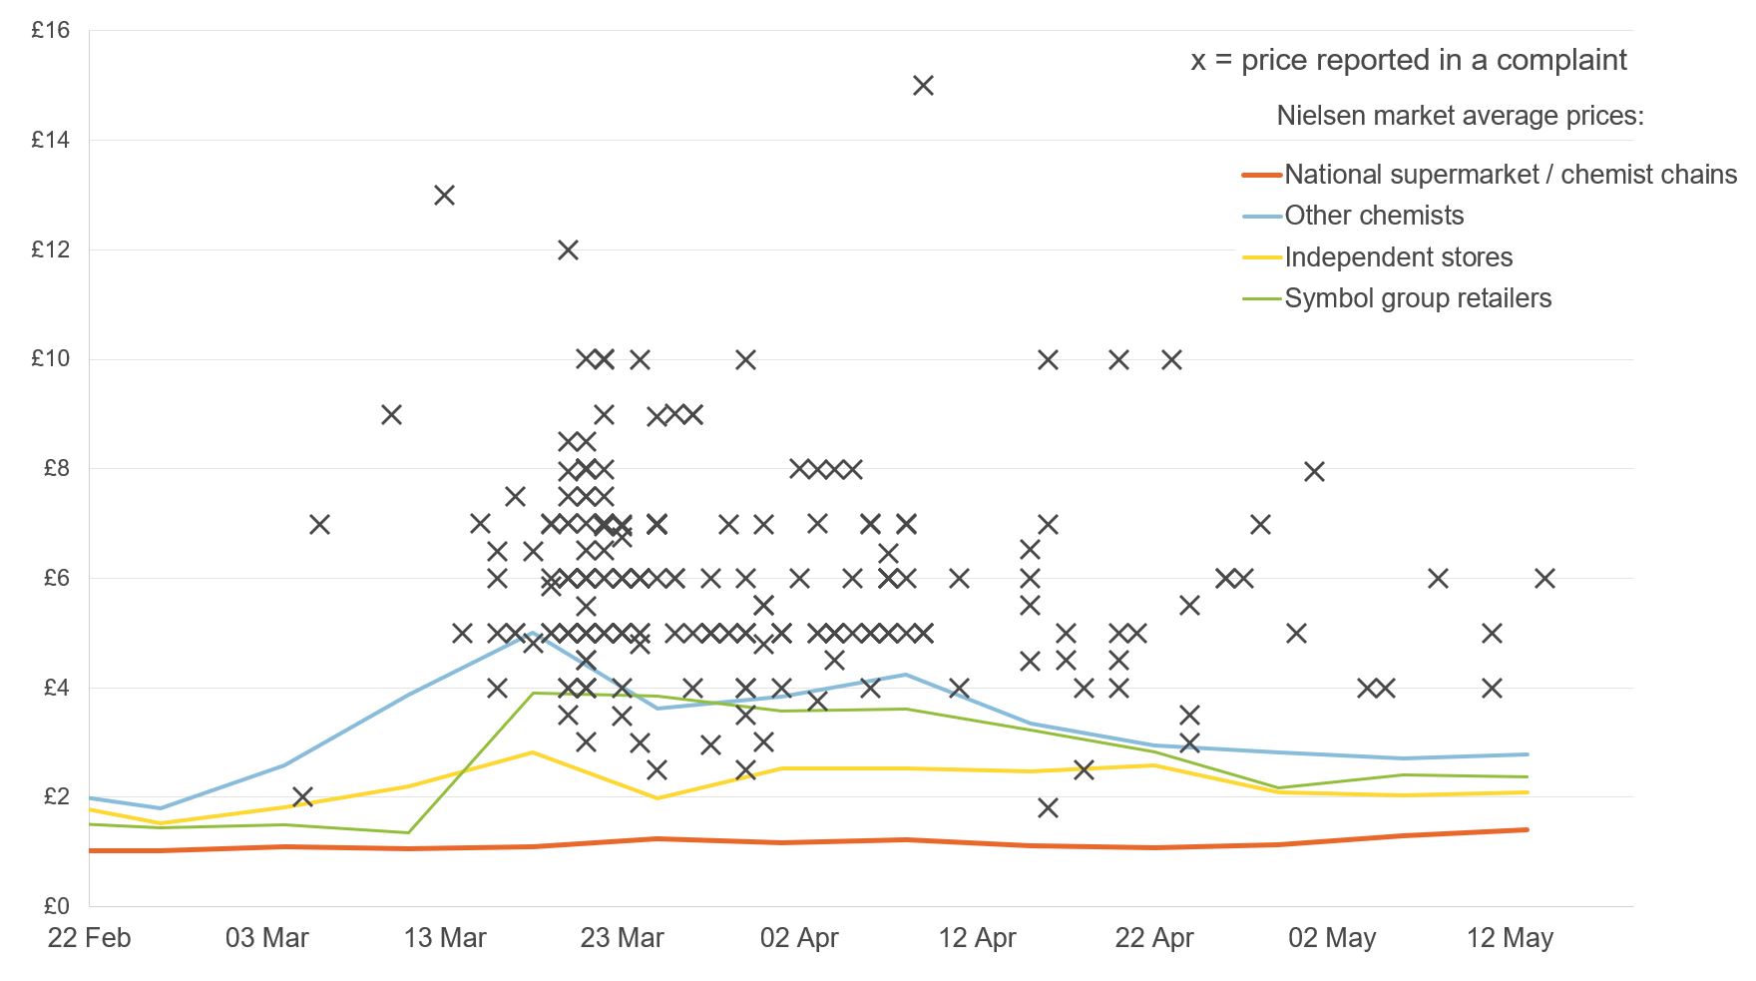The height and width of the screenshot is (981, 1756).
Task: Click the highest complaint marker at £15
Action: [x=923, y=86]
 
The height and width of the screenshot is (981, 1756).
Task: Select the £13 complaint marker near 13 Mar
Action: [x=444, y=195]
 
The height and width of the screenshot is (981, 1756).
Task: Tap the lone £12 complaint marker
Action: [x=568, y=249]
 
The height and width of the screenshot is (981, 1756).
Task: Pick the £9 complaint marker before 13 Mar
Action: [x=391, y=414]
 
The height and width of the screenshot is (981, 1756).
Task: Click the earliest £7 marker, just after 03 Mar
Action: [x=319, y=524]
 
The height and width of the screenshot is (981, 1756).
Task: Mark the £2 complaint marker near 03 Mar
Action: [x=302, y=796]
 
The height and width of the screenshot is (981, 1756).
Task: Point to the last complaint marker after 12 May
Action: [x=1544, y=578]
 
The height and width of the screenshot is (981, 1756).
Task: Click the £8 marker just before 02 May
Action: [x=1314, y=471]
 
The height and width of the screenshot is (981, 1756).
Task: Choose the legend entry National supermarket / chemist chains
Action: [x=1510, y=175]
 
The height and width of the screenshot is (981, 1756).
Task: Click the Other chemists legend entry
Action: [x=1373, y=216]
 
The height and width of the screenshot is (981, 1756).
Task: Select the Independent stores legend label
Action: [x=1398, y=257]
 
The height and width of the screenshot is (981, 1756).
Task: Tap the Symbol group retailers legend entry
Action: [x=1417, y=298]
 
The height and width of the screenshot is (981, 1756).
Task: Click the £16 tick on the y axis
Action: [x=50, y=30]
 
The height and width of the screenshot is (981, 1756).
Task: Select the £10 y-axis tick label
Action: [x=50, y=359]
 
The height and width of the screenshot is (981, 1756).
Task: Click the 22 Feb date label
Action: [x=89, y=939]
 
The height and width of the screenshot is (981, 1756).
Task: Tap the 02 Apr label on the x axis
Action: [x=799, y=939]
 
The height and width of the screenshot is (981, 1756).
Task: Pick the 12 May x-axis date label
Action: [x=1509, y=939]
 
